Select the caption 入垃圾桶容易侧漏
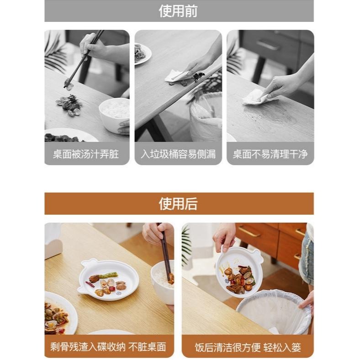(178, 154)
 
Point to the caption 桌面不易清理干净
(270, 154)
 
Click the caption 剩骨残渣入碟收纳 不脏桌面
(108, 347)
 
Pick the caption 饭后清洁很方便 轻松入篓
(248, 347)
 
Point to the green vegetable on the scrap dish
(108, 275)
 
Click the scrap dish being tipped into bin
(238, 272)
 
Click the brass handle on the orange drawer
(249, 232)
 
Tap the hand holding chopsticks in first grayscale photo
(93, 46)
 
